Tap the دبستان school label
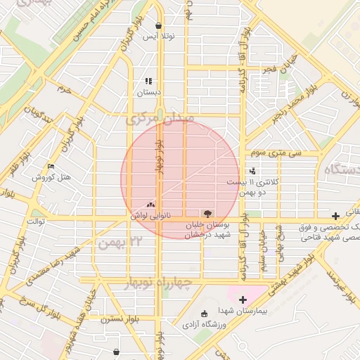[x=148, y=91]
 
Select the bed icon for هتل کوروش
[x=51, y=167]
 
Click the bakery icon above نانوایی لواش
[x=150, y=205]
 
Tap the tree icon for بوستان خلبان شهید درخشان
[x=207, y=213]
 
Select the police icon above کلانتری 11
[x=252, y=171]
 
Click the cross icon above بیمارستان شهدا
[x=243, y=300]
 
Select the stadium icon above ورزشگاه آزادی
[x=204, y=313]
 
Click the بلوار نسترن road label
[x=121, y=319]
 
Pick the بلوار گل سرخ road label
[x=28, y=307]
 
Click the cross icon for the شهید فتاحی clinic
[x=336, y=215]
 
